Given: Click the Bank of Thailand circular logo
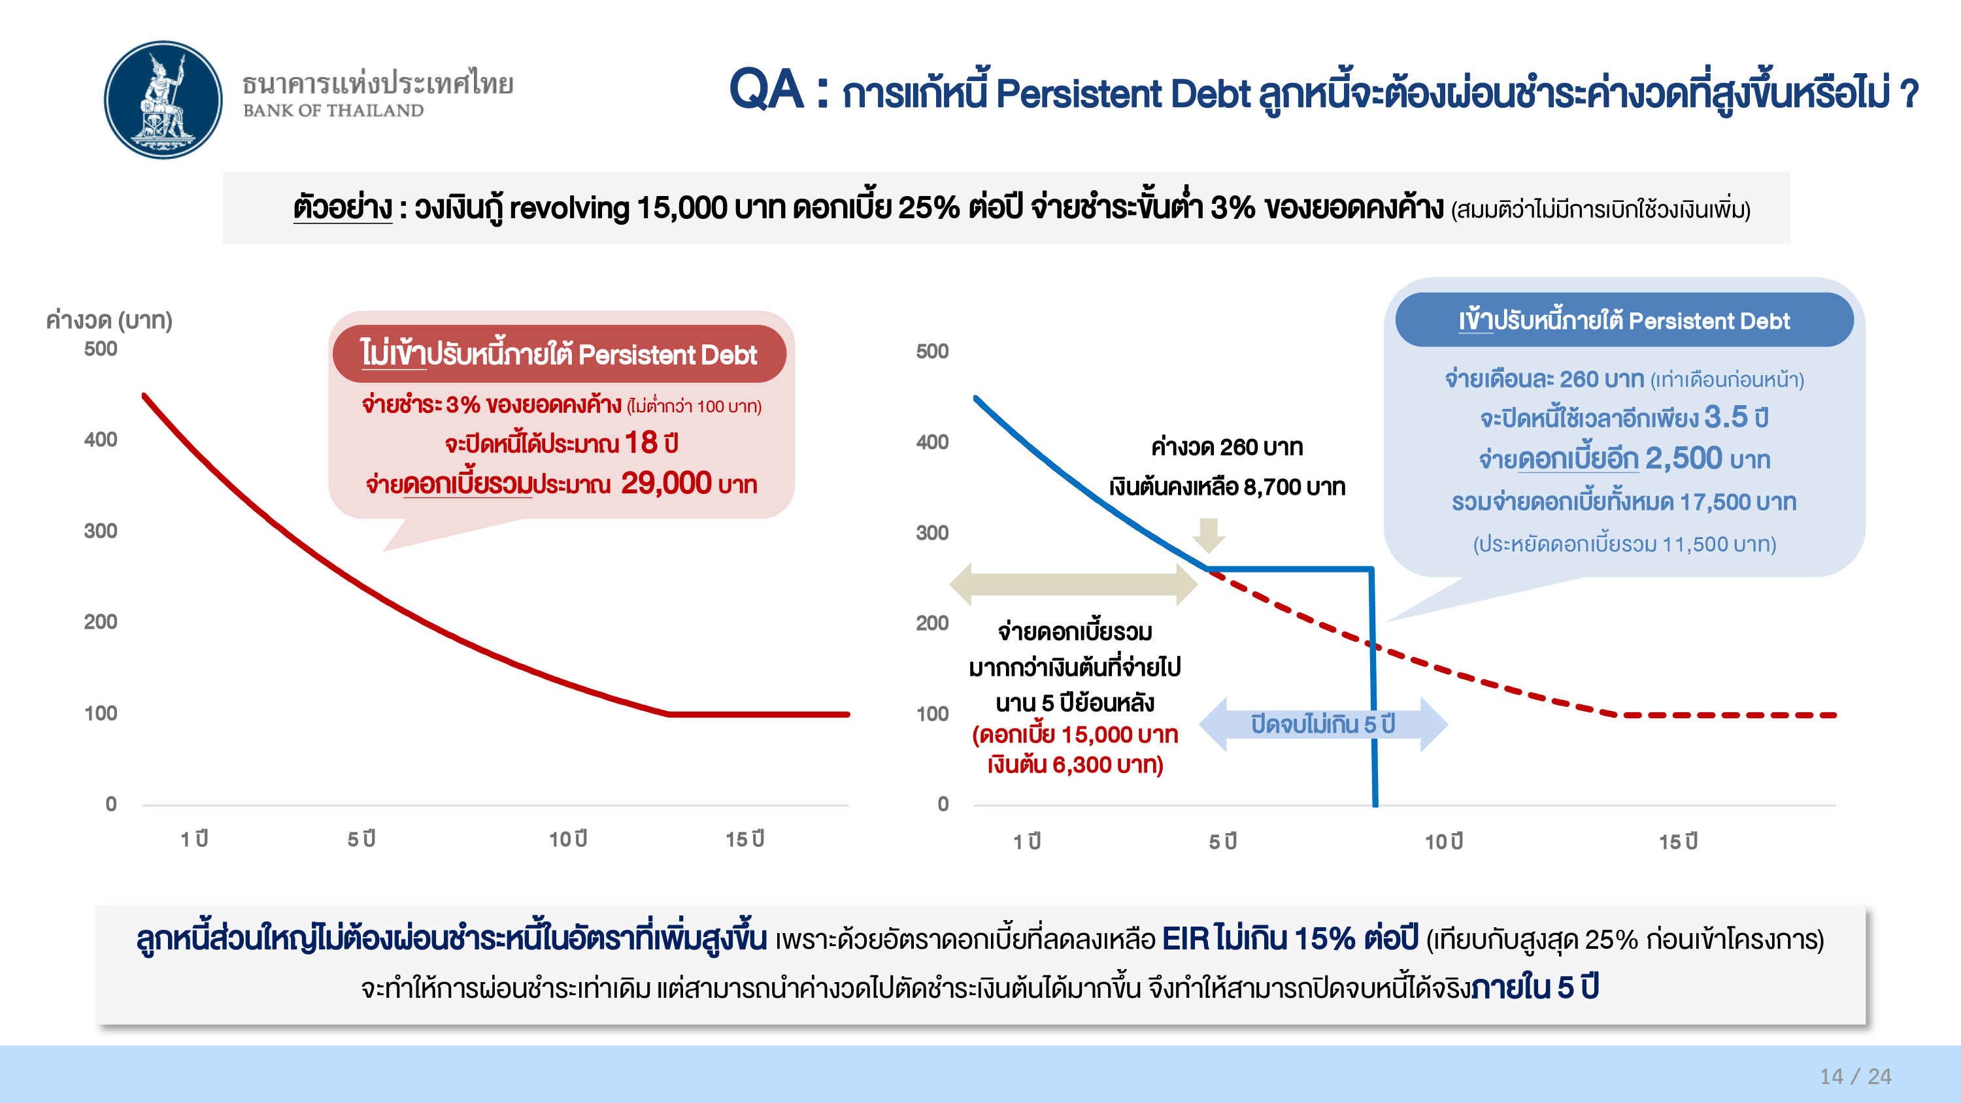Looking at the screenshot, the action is click(x=163, y=100).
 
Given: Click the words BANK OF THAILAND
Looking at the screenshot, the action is click(x=333, y=111).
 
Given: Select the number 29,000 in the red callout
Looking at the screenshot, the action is click(x=666, y=484).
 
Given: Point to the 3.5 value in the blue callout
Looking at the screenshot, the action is click(x=1726, y=416).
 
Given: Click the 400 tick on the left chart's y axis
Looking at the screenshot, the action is click(x=101, y=439).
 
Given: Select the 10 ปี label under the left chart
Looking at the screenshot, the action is click(x=568, y=839).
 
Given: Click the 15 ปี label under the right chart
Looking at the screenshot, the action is click(x=1679, y=841).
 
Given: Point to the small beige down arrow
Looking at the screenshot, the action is click(x=1208, y=535).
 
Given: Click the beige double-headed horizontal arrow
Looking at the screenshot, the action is click(x=1074, y=584).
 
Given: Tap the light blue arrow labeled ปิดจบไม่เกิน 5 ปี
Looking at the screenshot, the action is click(x=1323, y=724).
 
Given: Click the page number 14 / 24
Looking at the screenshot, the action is click(x=1855, y=1076).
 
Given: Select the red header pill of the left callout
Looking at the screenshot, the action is click(x=559, y=354).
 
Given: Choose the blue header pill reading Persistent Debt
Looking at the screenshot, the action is click(x=1624, y=320).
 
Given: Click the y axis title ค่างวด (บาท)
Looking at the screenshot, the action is click(x=109, y=320).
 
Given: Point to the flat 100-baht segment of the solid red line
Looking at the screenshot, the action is click(x=758, y=714).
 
